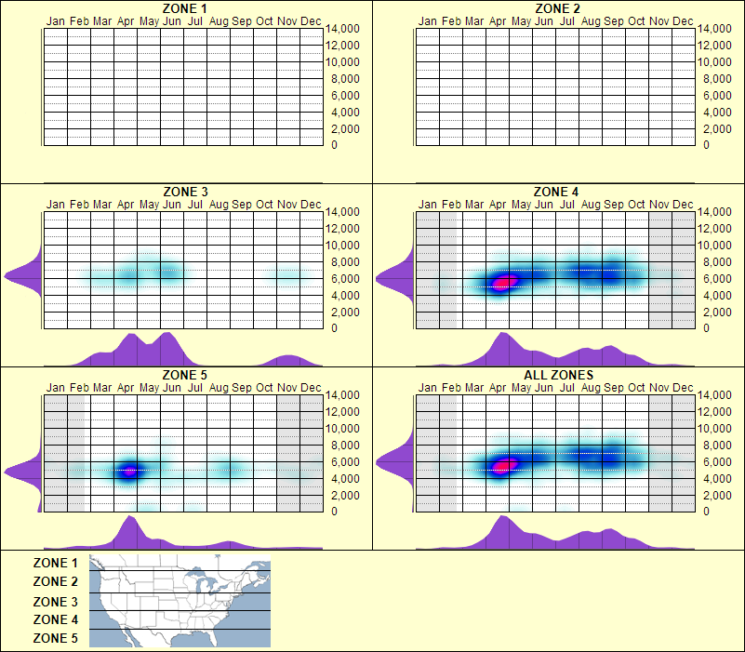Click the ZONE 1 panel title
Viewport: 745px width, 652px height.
click(x=184, y=8)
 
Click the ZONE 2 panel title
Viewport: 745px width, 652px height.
click(x=557, y=8)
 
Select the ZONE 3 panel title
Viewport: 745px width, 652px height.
click(x=184, y=193)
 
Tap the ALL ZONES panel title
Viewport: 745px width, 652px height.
click(x=557, y=376)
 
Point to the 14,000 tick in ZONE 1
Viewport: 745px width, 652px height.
click(x=341, y=29)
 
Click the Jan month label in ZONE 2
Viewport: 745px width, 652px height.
click(x=428, y=20)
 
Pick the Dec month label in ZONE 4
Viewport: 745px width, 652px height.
click(x=683, y=204)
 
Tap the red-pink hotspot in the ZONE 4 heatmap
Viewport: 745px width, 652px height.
click(x=504, y=281)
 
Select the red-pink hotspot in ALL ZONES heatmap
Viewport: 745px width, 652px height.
click(x=504, y=465)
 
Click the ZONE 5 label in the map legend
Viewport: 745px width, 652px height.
click(x=56, y=638)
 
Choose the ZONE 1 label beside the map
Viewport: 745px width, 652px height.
click(x=56, y=563)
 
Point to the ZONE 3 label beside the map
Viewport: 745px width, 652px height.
click(x=56, y=602)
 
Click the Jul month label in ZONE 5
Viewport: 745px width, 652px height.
click(x=195, y=387)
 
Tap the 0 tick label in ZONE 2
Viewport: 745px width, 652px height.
click(x=706, y=145)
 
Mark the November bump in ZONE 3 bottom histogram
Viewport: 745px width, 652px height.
click(x=288, y=359)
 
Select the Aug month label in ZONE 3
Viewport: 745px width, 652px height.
click(x=219, y=204)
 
